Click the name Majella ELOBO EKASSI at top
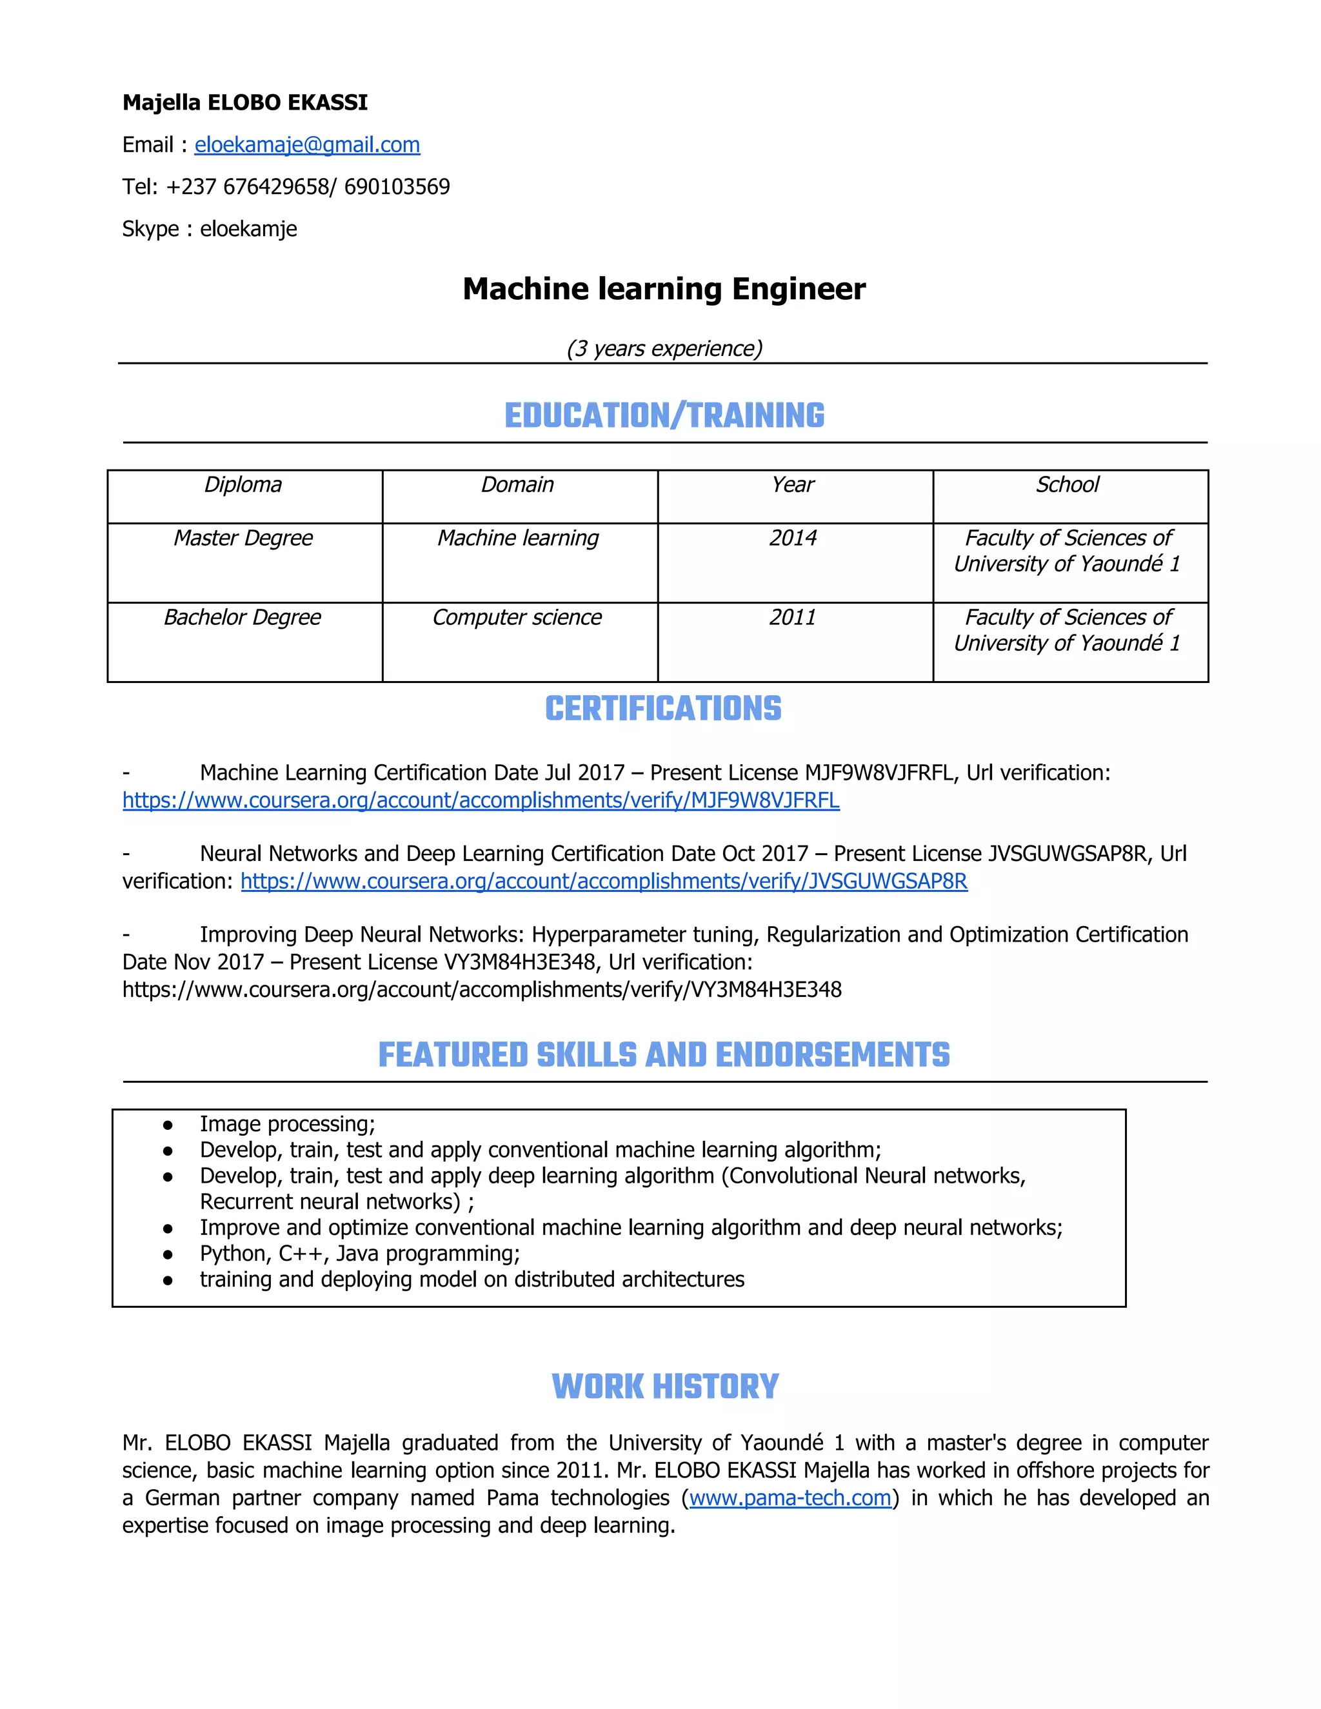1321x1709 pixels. (x=245, y=103)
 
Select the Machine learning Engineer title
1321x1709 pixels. (x=664, y=289)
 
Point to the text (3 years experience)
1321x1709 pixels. (x=664, y=348)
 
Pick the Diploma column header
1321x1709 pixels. (x=243, y=485)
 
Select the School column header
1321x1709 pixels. (x=1068, y=485)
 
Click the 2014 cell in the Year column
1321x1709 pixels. (x=793, y=538)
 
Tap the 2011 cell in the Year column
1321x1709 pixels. (x=793, y=617)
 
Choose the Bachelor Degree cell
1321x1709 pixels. (x=243, y=617)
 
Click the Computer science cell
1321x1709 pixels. (x=517, y=617)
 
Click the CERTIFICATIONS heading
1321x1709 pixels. (x=663, y=709)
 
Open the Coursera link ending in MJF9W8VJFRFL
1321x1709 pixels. (x=481, y=800)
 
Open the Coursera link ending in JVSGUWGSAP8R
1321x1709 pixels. (x=603, y=881)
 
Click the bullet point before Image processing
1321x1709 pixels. (x=168, y=1125)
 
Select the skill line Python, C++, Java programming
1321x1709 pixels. (x=359, y=1254)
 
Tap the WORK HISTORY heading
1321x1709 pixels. (x=664, y=1387)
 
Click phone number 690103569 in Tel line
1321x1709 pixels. (x=397, y=187)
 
